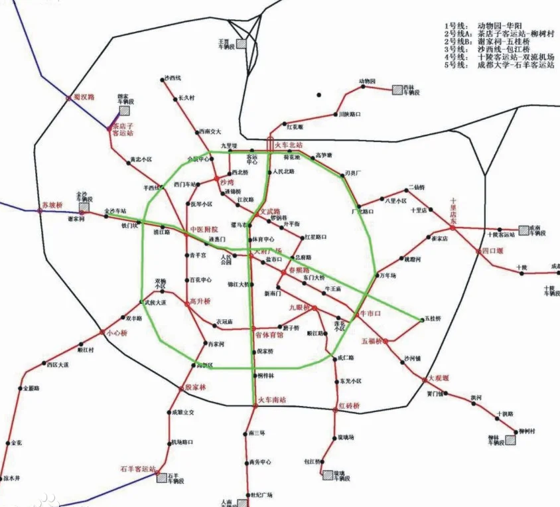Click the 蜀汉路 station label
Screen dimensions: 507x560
pyautogui.click(x=84, y=96)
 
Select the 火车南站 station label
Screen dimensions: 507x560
pyautogui.click(x=271, y=399)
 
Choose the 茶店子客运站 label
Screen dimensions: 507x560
pyautogui.click(x=122, y=129)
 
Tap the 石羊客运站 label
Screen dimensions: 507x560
pyautogui.click(x=137, y=469)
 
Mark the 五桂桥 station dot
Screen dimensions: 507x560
pyautogui.click(x=423, y=321)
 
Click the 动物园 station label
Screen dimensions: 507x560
pyautogui.click(x=368, y=81)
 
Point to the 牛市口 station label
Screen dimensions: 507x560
pyautogui.click(x=370, y=313)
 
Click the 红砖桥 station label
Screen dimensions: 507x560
pyautogui.click(x=349, y=405)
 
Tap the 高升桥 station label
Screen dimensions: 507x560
pyautogui.click(x=200, y=301)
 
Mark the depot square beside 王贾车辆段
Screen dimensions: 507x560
pyautogui.click(x=242, y=43)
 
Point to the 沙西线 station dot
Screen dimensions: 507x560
pyautogui.click(x=163, y=80)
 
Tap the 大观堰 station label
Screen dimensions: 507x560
pyautogui.click(x=439, y=377)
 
